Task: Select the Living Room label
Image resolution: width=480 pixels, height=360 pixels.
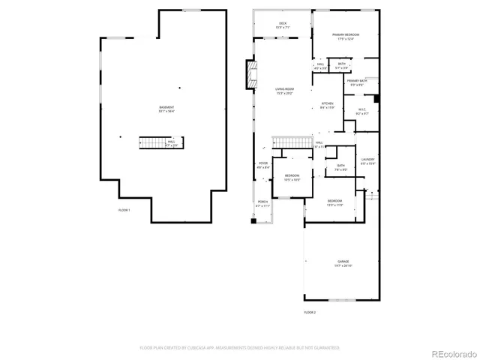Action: [284, 91]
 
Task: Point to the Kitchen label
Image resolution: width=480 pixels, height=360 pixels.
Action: [328, 105]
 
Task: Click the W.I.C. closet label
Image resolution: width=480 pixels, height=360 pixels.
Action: [361, 112]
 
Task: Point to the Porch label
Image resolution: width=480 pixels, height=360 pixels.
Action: [262, 203]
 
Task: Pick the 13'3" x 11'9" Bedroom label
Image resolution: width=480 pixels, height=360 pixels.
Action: [334, 202]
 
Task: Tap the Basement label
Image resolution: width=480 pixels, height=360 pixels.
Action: [166, 110]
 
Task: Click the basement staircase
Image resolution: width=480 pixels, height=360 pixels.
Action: [153, 142]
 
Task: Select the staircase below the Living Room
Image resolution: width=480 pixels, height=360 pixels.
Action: [290, 142]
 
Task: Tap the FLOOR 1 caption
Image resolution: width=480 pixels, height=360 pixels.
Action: [124, 210]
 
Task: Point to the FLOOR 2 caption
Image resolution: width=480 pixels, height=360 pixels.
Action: [310, 311]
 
